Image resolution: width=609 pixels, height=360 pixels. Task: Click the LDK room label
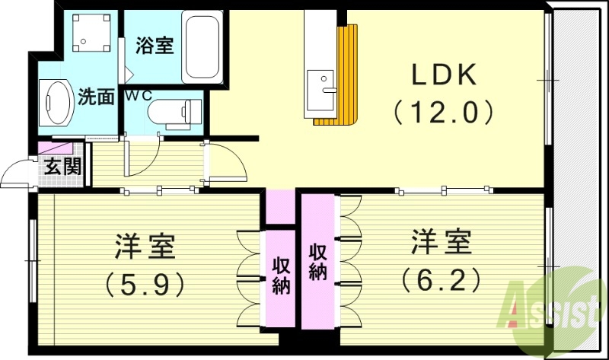tap(444, 76)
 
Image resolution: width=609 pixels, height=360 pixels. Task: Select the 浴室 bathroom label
tap(155, 46)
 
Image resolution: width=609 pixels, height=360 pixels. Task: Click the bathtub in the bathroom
tap(201, 47)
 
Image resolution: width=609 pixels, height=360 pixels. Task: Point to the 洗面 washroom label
tap(96, 97)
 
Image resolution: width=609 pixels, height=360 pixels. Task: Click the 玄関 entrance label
tap(62, 166)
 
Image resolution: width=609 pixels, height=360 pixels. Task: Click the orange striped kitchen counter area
tap(347, 76)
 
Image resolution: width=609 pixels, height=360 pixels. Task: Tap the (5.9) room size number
tap(145, 284)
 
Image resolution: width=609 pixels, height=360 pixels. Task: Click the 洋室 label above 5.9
tap(145, 247)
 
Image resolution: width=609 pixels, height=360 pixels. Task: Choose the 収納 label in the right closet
tap(317, 262)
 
